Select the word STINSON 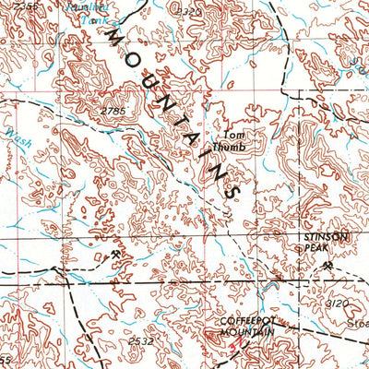(x=327, y=237)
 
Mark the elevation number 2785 (x=113, y=111)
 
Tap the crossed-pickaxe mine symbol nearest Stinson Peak (x=326, y=268)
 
